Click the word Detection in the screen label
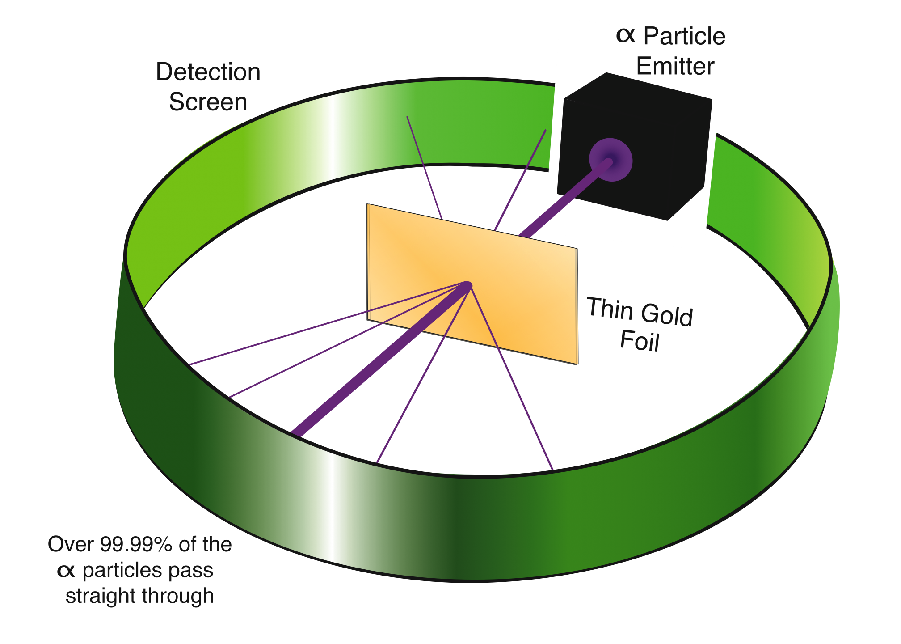tap(208, 72)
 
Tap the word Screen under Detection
tap(208, 102)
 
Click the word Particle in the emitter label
tap(684, 36)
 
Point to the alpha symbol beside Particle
tap(626, 35)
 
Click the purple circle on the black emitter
tap(610, 160)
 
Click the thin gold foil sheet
tap(472, 284)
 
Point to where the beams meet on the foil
tap(467, 285)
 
